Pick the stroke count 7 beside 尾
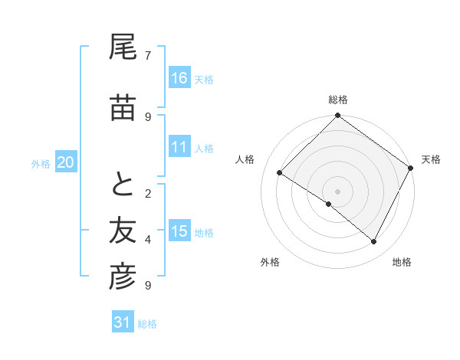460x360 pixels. [148, 55]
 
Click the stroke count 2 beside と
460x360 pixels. [148, 193]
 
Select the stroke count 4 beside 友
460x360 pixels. [148, 239]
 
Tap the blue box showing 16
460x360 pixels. [179, 78]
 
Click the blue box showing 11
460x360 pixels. [179, 148]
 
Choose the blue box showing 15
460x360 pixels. [179, 231]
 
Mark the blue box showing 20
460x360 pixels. [66, 162]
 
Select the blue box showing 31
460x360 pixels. [123, 322]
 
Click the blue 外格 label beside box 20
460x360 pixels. [41, 164]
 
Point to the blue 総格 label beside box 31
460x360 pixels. [148, 324]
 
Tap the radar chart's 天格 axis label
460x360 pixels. [431, 159]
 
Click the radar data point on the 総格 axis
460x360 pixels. [337, 116]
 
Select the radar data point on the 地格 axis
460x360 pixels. [374, 242]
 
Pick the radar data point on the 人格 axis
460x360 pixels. [280, 173]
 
